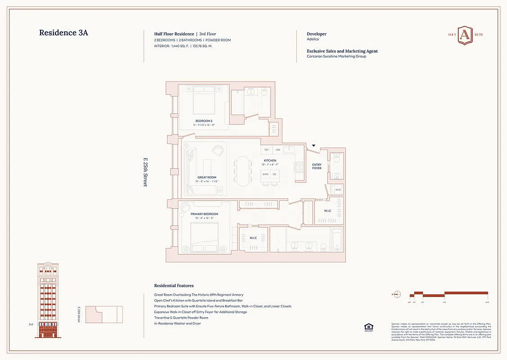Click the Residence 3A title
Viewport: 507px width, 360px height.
tap(66, 33)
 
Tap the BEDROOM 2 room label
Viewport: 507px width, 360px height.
tap(204, 121)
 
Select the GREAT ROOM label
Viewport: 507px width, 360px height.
tap(207, 177)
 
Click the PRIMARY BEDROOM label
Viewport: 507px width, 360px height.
tap(204, 214)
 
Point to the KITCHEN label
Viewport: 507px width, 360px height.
tap(270, 161)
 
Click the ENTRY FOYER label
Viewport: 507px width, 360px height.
tap(317, 166)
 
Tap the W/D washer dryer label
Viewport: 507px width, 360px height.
tap(338, 189)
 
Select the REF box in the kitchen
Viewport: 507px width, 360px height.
tap(267, 150)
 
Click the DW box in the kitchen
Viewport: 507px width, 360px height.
tap(278, 150)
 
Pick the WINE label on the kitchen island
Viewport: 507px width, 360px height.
tap(266, 174)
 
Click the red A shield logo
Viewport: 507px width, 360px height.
tap(466, 36)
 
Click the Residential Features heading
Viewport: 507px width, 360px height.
tap(174, 286)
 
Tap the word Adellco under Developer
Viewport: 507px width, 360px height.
tap(313, 40)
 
